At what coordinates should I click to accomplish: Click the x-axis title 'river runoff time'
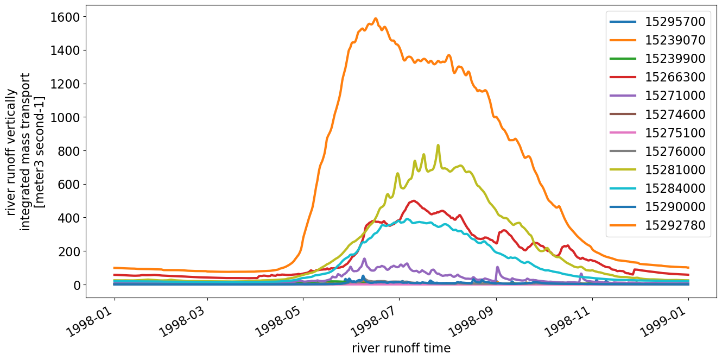[x=401, y=348]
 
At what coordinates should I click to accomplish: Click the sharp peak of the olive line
[x=438, y=146]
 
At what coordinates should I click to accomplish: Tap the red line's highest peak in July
[x=414, y=201]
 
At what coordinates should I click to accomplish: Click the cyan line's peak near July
[x=407, y=219]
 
